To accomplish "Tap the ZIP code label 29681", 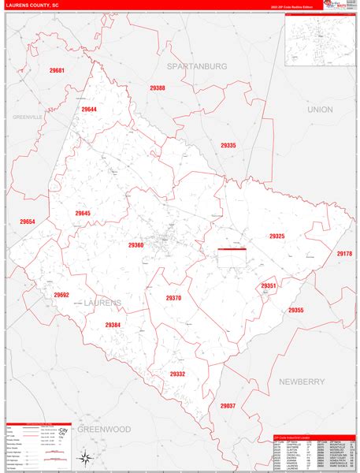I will tap(57, 71).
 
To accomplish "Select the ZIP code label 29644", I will tap(89, 109).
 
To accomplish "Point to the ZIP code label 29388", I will tap(158, 88).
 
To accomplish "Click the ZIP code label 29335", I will tap(228, 145).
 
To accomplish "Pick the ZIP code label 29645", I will tap(83, 214).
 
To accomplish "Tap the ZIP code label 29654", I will tap(28, 222).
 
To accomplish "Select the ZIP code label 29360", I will tap(135, 245).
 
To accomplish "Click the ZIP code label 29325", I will tap(276, 236).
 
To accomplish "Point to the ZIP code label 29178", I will tap(344, 253).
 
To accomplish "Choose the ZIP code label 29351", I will tap(269, 285).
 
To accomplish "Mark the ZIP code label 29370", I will tap(173, 297).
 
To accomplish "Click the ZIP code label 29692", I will tap(61, 295).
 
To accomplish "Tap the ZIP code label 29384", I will tap(113, 324).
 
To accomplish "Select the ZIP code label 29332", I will tap(177, 374).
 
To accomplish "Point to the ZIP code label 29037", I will tap(228, 405).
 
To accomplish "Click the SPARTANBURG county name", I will tap(197, 66).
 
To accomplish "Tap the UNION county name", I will tap(321, 109).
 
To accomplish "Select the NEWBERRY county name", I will tap(302, 382).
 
